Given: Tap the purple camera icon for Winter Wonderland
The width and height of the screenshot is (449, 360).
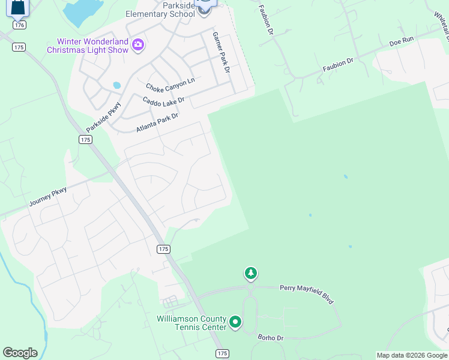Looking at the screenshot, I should coord(138,44).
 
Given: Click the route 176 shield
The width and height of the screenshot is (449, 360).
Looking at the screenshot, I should coord(19,25).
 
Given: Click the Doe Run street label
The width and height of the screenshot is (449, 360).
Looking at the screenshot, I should coord(402,42).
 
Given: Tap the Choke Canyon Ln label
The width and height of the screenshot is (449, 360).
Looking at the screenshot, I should coord(170,84).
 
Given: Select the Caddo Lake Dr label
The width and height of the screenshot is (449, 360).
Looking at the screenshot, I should coord(163,100).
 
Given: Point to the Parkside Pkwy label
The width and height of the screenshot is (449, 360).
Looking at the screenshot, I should coord(103,116).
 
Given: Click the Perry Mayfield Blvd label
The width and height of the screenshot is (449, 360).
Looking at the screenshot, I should coord(307,293).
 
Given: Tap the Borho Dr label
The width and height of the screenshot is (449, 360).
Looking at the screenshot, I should coord(270,338).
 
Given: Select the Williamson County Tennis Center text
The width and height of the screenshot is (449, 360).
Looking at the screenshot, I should coord(191,322).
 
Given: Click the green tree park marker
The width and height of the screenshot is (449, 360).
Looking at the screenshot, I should coord(250,274).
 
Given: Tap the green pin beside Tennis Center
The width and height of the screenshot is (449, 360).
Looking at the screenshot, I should coord(236,323).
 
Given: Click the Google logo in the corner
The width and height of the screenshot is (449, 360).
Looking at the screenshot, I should coord(20,353).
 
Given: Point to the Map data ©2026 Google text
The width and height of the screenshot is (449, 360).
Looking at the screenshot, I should coord(411,355).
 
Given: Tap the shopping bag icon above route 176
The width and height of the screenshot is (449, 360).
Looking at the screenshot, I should coord(19,8).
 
